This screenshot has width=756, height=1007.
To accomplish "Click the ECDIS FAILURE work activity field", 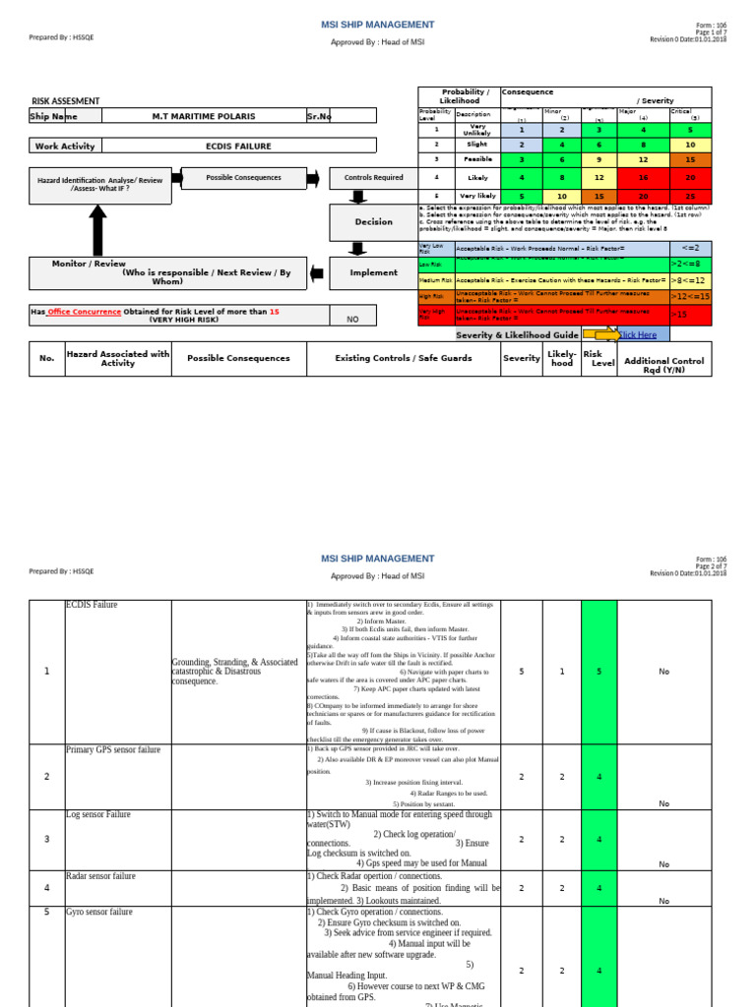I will [x=238, y=146].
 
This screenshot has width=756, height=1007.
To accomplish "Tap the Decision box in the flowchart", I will [x=373, y=221].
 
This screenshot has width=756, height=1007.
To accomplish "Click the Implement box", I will [x=373, y=272].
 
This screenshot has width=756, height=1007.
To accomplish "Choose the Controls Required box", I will [x=373, y=178].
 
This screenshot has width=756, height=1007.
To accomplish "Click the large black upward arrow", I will [x=98, y=231].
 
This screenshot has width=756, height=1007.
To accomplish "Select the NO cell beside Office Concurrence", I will [x=352, y=320].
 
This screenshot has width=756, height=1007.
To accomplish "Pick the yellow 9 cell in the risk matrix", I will [x=599, y=159].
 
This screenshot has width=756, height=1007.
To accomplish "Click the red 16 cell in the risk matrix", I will [x=643, y=177].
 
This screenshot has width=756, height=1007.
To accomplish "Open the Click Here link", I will [x=636, y=335].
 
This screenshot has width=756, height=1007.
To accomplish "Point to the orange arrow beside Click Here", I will [x=601, y=335].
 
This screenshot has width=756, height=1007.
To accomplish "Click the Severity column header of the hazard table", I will [x=521, y=359].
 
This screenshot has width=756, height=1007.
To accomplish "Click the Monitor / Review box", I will [x=163, y=272].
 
